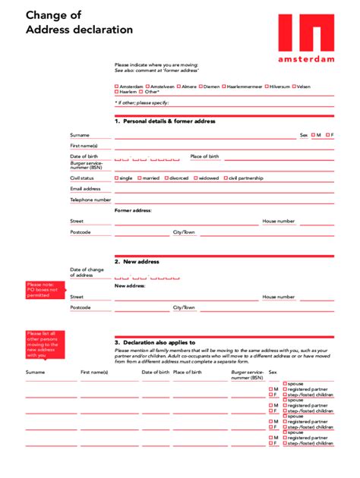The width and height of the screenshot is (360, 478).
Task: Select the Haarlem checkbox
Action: click(x=116, y=92)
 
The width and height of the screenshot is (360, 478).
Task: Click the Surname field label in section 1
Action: click(x=80, y=135)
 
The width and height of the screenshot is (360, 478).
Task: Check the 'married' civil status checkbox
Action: click(x=139, y=178)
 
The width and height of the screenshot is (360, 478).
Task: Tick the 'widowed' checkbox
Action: click(x=196, y=178)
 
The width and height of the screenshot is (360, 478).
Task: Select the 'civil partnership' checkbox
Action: click(x=225, y=178)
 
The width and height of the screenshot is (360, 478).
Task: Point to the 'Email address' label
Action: click(x=85, y=189)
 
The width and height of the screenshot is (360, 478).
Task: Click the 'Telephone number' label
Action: click(x=90, y=200)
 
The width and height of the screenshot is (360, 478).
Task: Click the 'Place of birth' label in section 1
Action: click(x=204, y=156)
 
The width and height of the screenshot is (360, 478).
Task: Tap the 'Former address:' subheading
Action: click(x=133, y=210)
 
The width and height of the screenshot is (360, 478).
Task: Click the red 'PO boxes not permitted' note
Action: click(x=43, y=290)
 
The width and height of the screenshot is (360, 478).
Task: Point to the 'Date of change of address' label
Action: click(x=87, y=272)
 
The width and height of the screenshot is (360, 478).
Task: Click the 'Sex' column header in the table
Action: click(x=272, y=373)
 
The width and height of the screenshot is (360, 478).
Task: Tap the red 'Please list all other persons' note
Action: click(x=43, y=344)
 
